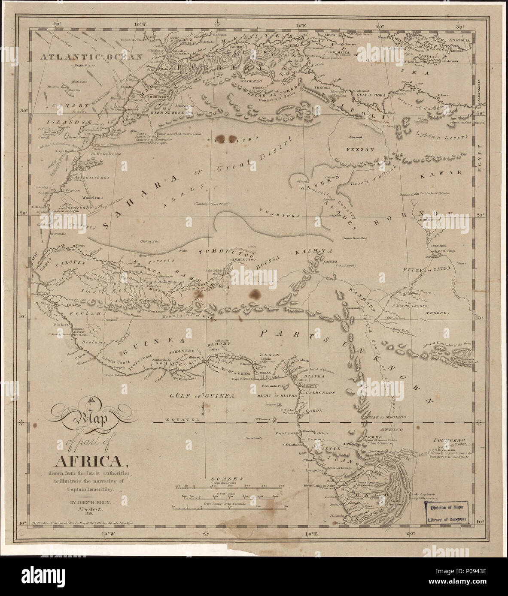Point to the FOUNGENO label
click(x=446, y=439)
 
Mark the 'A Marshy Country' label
click(x=410, y=306)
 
